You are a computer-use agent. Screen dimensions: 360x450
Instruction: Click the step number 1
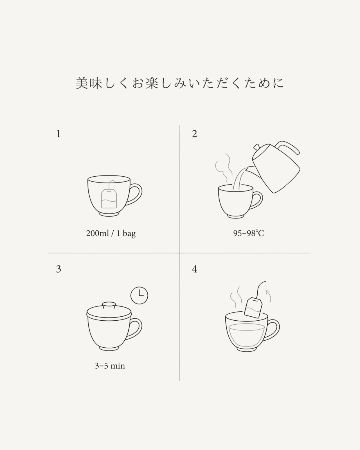point(58,134)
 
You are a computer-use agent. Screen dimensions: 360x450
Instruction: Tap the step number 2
point(195,134)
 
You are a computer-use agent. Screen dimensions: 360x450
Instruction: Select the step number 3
point(58,269)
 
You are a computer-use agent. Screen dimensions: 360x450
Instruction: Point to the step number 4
point(195,269)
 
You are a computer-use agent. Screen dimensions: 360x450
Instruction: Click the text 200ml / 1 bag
point(111,233)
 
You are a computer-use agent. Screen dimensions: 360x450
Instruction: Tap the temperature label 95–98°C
point(249,233)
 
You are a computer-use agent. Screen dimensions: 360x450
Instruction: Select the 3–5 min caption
point(110,366)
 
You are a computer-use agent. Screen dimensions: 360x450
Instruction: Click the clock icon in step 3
point(139,295)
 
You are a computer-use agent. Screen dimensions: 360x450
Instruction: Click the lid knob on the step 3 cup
point(109,305)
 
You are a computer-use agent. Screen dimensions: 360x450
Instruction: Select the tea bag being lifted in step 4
point(253,308)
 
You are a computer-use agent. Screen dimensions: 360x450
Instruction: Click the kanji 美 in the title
point(82,83)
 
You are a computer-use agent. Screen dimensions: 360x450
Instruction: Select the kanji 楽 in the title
point(152,83)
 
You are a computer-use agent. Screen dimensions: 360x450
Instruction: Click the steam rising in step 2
point(224,167)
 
